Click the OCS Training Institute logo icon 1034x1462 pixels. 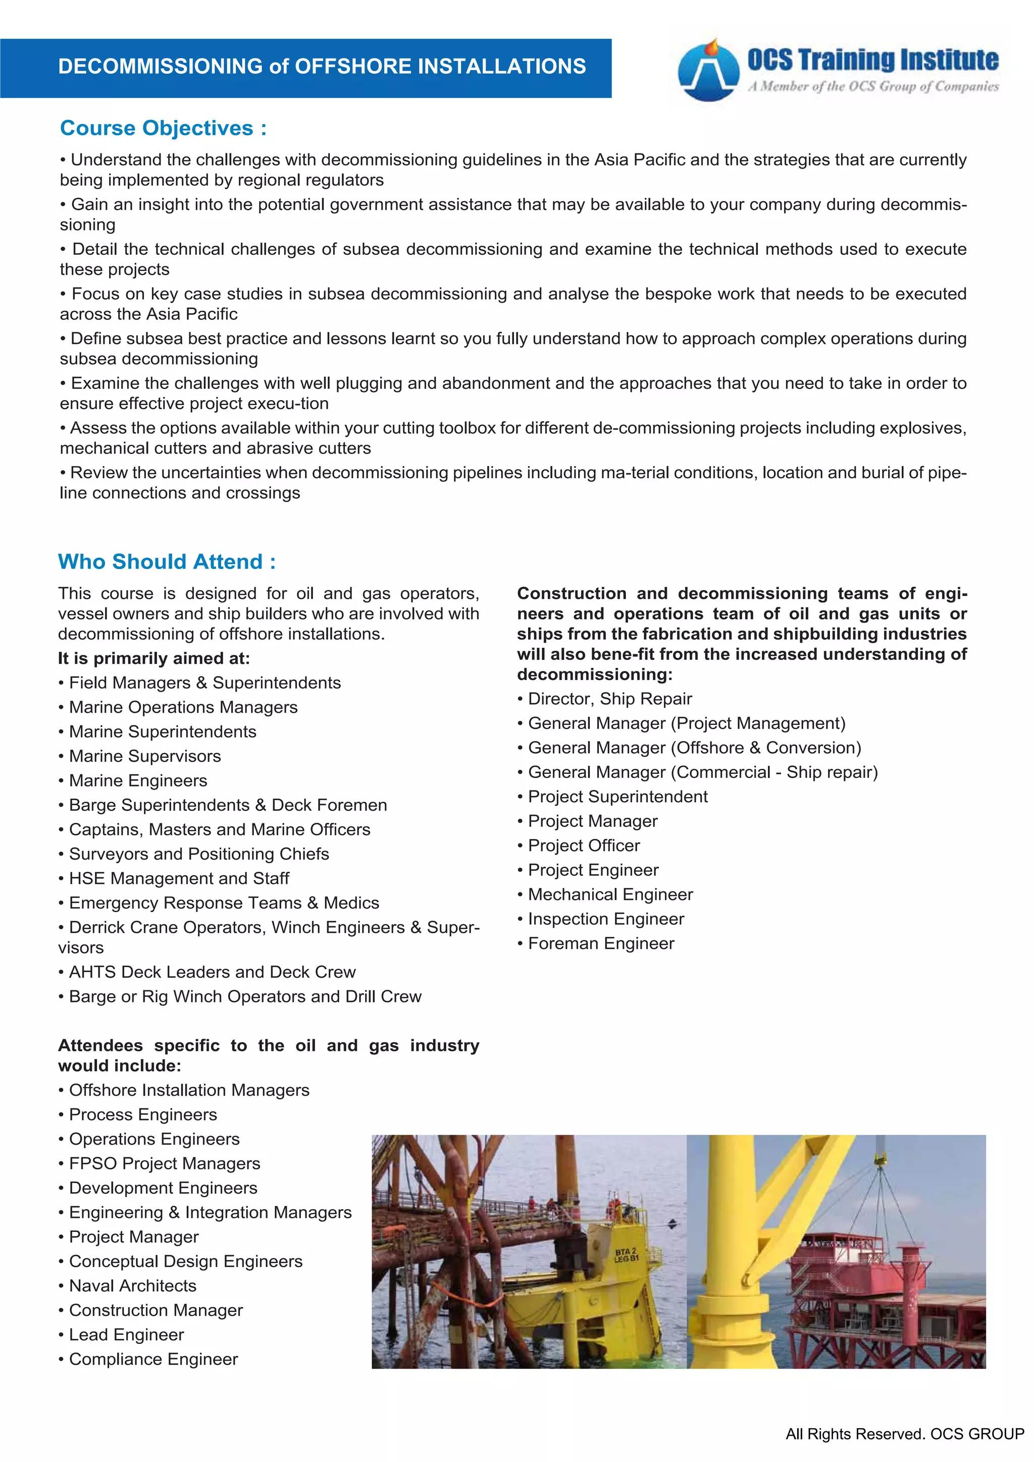point(708,70)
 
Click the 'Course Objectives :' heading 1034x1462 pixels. point(163,128)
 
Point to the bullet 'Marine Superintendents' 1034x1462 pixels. point(163,732)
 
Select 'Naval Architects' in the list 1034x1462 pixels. point(132,1285)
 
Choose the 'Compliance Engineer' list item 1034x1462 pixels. point(153,1359)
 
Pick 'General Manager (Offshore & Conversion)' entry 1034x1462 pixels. point(694,748)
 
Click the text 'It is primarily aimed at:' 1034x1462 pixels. point(154,658)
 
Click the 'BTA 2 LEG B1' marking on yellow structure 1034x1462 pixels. point(626,1256)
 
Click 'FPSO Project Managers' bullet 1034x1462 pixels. point(165,1163)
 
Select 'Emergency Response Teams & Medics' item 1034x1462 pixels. point(224,903)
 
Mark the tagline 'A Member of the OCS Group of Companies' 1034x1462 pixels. point(873,87)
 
